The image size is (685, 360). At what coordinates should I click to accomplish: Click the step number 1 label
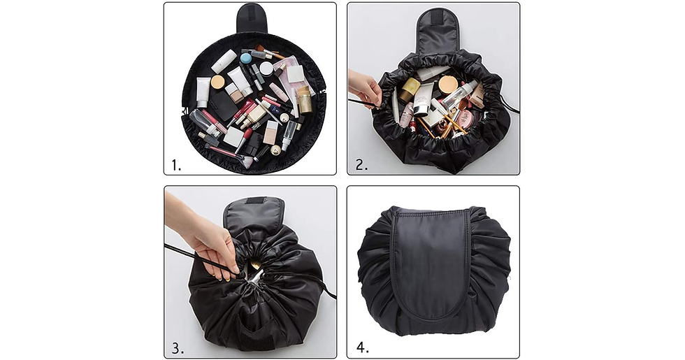pos(176,165)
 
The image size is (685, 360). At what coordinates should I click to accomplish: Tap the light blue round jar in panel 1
pos(246,58)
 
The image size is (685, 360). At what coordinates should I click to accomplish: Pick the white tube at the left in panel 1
pos(203,92)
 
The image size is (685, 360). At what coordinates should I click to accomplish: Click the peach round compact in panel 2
pos(448,85)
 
